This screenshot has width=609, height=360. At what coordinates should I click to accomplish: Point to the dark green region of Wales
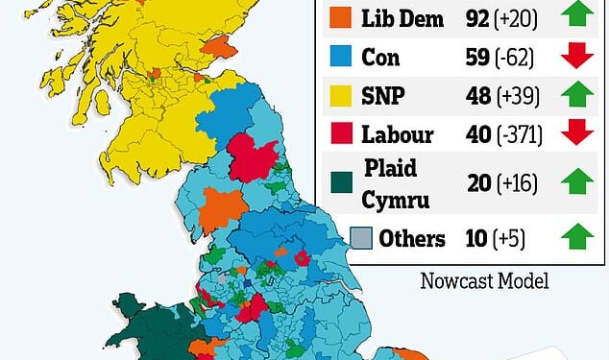[154, 326]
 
